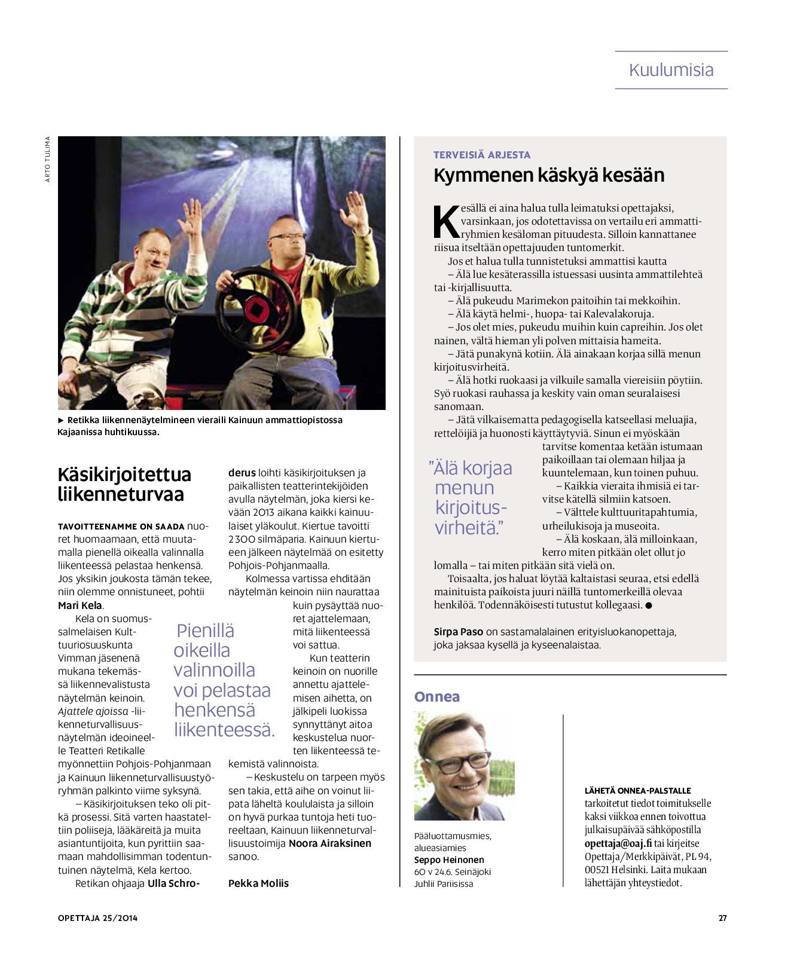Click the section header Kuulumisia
pyautogui.click(x=671, y=70)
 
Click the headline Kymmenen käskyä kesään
pyautogui.click(x=549, y=175)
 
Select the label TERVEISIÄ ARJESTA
pyautogui.click(x=482, y=155)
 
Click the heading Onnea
pyautogui.click(x=437, y=697)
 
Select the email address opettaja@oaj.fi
pyautogui.click(x=618, y=843)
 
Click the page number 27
pyautogui.click(x=722, y=918)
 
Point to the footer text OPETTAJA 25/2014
pyautogui.click(x=97, y=918)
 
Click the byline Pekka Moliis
pyautogui.click(x=258, y=883)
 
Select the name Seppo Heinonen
pyautogui.click(x=449, y=860)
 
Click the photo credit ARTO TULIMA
pyautogui.click(x=48, y=159)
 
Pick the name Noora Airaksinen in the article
pyautogui.click(x=330, y=843)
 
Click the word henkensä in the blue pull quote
pyautogui.click(x=215, y=710)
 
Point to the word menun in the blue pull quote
pyautogui.click(x=465, y=488)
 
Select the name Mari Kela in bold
pyautogui.click(x=80, y=605)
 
